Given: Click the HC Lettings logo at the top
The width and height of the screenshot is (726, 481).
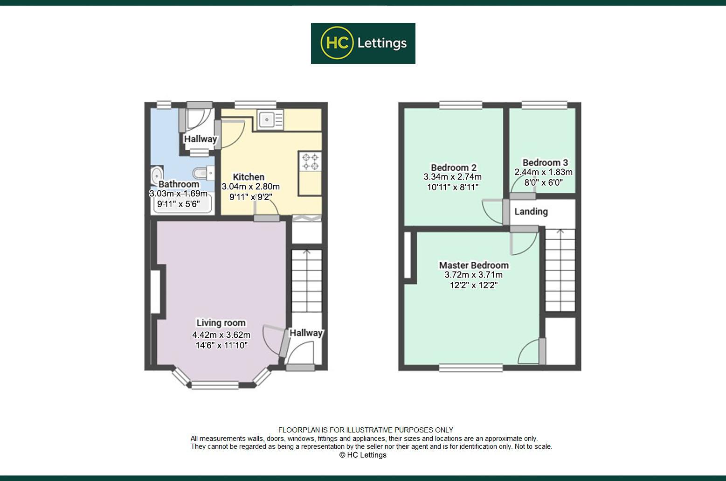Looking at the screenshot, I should (x=363, y=43).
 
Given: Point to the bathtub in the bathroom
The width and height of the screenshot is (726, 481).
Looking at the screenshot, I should (x=182, y=204).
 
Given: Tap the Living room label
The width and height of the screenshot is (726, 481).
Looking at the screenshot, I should (x=221, y=323).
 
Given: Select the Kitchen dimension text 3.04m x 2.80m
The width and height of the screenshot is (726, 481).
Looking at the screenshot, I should (x=250, y=187).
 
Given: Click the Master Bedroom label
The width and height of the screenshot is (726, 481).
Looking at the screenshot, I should (x=474, y=265).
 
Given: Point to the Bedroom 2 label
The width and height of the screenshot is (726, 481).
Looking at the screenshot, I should (x=453, y=167).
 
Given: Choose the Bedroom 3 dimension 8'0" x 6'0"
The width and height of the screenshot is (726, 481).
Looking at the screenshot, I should (x=543, y=182).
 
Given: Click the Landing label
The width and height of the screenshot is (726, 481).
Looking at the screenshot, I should (x=531, y=211).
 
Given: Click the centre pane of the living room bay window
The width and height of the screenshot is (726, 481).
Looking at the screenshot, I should (x=214, y=385).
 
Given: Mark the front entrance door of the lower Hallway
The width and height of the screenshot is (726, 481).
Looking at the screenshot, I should (x=300, y=368).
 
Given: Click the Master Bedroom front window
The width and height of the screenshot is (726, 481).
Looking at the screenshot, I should (x=470, y=368).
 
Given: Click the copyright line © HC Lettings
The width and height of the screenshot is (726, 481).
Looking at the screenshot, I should (x=363, y=455).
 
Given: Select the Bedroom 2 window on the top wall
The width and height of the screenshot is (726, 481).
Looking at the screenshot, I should (x=460, y=105).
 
